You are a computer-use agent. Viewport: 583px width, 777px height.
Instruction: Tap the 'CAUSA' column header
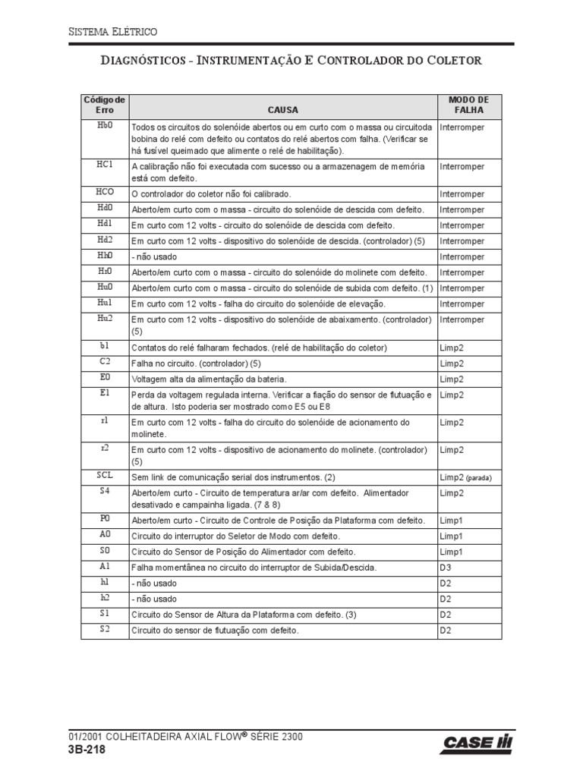pos(282,110)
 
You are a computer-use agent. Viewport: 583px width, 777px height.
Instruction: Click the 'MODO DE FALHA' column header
pos(469,105)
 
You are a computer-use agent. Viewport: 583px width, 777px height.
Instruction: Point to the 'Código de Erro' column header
pos(105,105)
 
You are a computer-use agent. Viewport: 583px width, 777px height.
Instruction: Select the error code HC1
pos(105,165)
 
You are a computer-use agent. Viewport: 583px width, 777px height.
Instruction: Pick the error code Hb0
pos(105,126)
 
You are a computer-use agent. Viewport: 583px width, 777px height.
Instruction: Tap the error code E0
pos(105,376)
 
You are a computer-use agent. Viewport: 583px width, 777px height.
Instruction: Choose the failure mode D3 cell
pos(446,568)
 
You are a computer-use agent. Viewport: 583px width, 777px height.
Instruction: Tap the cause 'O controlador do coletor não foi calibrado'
pos(211,193)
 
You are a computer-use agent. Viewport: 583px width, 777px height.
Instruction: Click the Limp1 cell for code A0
pos(451,536)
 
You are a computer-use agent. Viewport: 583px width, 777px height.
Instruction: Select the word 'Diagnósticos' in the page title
pos(144,60)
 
